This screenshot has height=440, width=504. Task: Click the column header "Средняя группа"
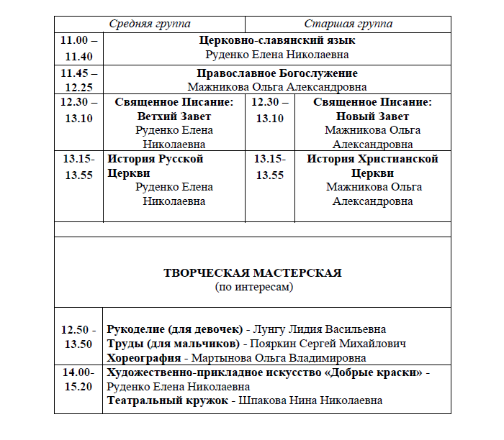point(149,24)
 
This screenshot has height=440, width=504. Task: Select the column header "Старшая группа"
point(348,24)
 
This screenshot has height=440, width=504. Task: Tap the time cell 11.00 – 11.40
point(78,48)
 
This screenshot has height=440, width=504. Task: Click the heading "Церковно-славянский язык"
point(277,40)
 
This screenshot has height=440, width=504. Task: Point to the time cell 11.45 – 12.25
point(78,80)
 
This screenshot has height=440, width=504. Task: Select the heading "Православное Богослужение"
point(277,73)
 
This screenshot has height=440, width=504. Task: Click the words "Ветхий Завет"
point(174,116)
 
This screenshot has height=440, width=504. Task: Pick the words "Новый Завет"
point(372,116)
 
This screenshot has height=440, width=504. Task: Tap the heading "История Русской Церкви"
point(155,166)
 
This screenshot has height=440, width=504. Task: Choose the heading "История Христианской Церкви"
point(372,166)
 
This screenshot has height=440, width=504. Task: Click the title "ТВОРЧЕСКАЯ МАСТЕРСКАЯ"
point(253,273)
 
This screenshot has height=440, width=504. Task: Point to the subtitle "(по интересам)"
point(253,287)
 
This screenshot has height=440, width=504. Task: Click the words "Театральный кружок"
point(167,400)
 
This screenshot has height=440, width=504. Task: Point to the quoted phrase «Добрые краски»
point(375,372)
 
